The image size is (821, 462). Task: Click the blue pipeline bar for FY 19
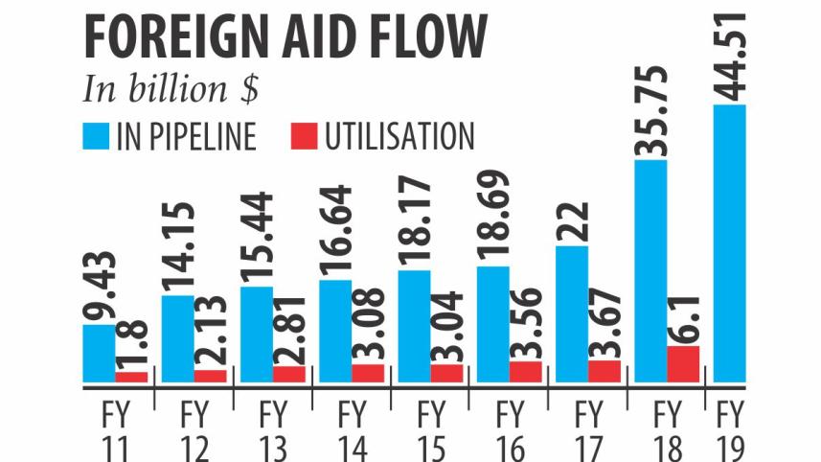(729, 244)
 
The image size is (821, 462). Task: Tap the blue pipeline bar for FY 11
(99, 354)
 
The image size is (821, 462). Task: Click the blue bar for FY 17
(571, 314)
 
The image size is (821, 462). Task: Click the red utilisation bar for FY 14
(368, 373)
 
